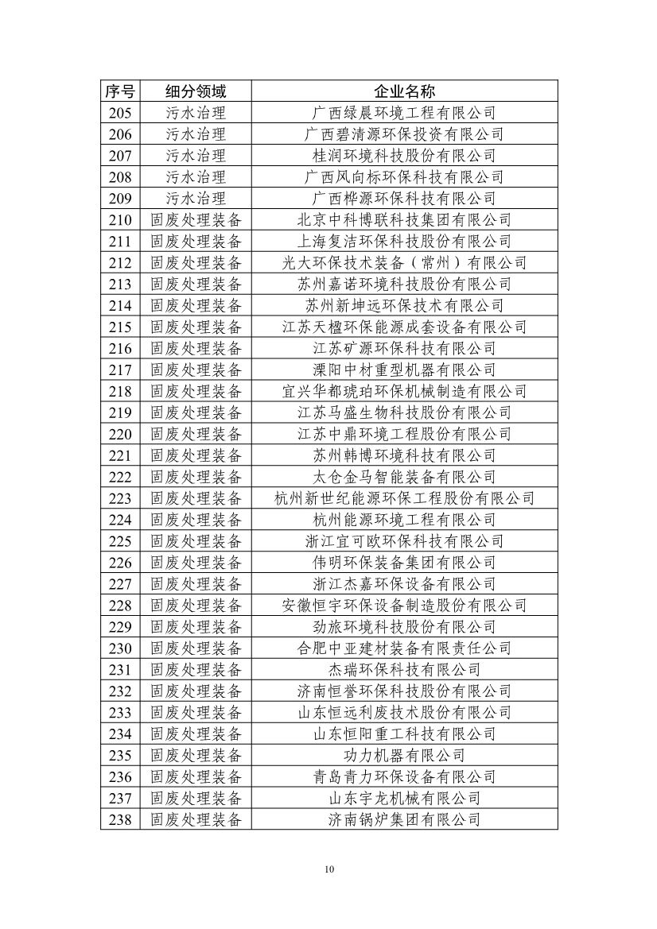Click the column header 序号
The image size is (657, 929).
120,91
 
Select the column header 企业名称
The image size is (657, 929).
404,91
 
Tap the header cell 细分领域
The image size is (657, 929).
196,91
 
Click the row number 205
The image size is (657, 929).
120,112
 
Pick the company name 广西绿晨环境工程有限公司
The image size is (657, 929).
404,112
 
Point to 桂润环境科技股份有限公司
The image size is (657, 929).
404,155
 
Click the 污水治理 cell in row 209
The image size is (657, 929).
196,198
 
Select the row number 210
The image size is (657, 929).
120,219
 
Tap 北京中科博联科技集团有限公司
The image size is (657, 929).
404,219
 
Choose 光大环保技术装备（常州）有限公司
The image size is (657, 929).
404,262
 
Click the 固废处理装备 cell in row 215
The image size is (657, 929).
196,327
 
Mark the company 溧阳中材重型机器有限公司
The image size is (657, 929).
404,370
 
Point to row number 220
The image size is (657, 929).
120,434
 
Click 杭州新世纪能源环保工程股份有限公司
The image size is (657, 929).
404,498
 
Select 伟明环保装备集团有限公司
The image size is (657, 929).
404,563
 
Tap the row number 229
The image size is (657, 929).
120,627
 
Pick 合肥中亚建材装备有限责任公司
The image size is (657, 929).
404,648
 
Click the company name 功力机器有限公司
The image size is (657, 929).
404,756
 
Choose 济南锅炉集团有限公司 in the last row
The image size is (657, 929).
404,819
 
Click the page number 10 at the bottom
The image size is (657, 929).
329,869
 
